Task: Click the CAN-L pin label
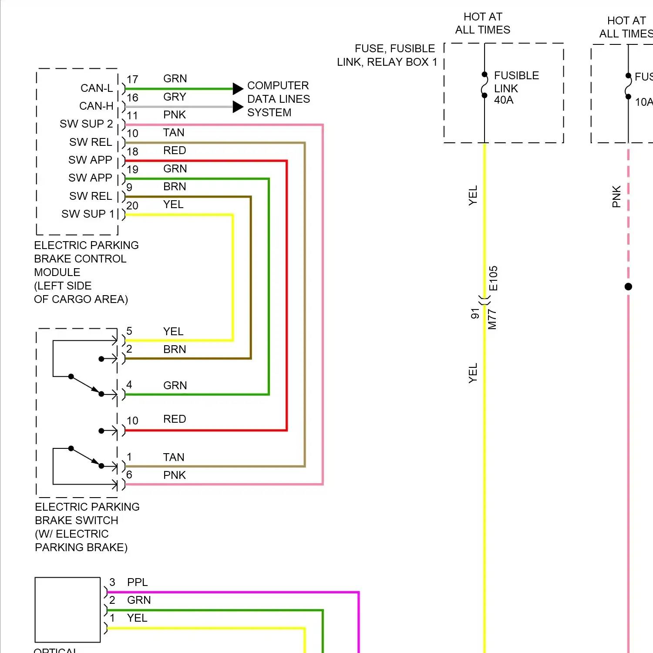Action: tap(97, 88)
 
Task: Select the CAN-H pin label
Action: tap(96, 106)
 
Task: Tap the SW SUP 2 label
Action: tap(86, 124)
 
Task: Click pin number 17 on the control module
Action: tap(132, 79)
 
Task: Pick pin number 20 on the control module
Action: tap(132, 205)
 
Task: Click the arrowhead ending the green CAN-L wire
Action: tap(238, 89)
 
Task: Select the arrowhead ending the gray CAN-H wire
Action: tap(238, 107)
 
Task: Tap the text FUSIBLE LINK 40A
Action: tap(516, 88)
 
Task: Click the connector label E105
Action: tap(493, 278)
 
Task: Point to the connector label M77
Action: tap(492, 319)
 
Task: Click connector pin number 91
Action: tap(475, 313)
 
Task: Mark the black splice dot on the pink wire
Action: tap(628, 286)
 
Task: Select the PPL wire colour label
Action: tap(137, 582)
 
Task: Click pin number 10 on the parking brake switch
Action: tap(132, 421)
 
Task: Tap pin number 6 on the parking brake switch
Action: tap(129, 475)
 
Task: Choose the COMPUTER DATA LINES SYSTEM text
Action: tap(278, 99)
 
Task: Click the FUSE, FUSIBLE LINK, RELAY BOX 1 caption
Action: tap(387, 55)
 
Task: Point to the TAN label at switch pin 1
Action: tap(174, 457)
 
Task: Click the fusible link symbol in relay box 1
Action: tap(485, 85)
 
